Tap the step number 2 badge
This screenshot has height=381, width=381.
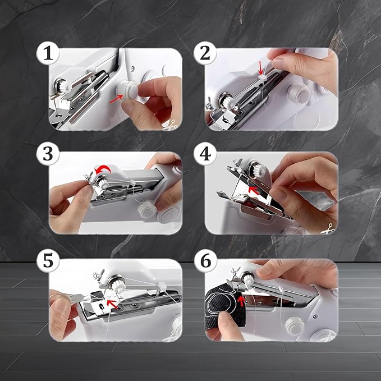205,54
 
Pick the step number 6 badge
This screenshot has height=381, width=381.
205,262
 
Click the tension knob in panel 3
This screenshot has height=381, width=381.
102,183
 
